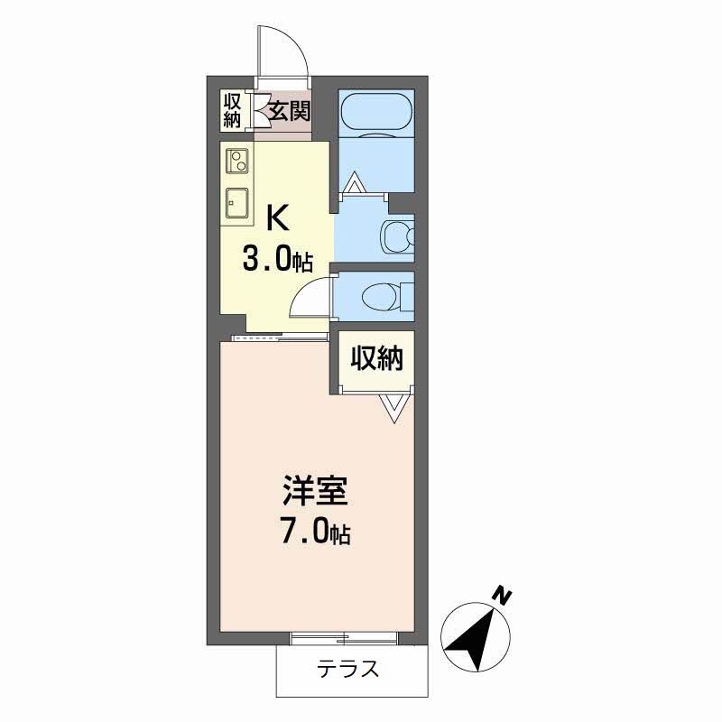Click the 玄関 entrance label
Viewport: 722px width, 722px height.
[290, 111]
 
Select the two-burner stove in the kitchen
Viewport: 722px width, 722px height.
[237, 161]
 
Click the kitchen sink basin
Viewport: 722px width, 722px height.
[237, 203]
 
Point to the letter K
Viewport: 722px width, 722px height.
[278, 218]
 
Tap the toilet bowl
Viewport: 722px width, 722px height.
[381, 297]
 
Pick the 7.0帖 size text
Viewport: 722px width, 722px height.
[316, 532]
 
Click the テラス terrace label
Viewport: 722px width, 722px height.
[347, 669]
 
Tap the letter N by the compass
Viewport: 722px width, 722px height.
[502, 596]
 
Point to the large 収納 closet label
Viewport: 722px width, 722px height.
[377, 357]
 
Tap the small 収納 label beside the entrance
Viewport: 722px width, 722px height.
[233, 110]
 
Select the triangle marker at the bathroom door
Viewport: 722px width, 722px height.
[355, 182]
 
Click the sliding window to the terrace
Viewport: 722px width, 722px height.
[345, 639]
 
